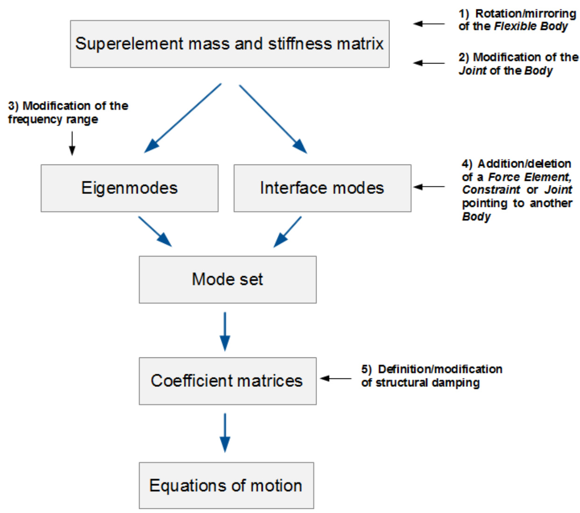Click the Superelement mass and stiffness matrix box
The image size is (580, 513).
(229, 44)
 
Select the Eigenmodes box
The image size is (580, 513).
(129, 188)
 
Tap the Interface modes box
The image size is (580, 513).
(322, 188)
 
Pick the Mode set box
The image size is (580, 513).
(227, 279)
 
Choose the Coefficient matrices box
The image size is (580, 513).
(227, 381)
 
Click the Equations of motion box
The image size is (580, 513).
(226, 485)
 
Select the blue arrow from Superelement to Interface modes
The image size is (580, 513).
(273, 119)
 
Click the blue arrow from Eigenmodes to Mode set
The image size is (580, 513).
(155, 231)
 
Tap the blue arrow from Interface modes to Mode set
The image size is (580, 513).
(288, 232)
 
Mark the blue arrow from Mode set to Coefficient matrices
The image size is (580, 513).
(225, 331)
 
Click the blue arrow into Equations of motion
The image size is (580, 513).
(225, 433)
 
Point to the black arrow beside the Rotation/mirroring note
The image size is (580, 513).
(429, 23)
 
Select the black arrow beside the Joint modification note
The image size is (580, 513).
(429, 63)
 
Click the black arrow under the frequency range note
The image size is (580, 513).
(72, 143)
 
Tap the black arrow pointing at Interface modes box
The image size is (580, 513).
(429, 187)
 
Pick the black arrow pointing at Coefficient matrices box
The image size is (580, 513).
(336, 378)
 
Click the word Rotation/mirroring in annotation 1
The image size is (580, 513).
(525, 14)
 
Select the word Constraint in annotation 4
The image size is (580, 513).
(491, 190)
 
